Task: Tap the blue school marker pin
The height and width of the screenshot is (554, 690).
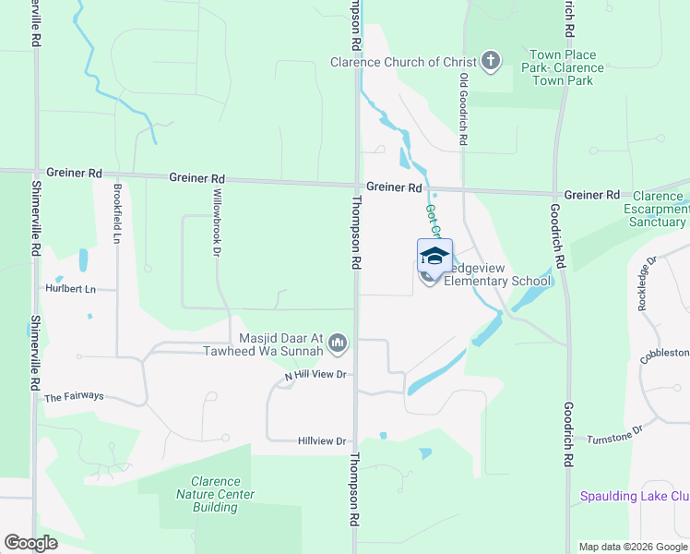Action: point(434,255)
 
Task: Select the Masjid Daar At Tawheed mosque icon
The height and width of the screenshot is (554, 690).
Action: point(338,343)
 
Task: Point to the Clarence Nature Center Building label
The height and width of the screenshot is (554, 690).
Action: point(215,494)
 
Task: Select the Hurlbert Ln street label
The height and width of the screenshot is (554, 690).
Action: point(71,289)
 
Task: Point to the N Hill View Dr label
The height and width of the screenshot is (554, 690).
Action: point(315,375)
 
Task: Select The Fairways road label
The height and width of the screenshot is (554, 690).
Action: point(74,397)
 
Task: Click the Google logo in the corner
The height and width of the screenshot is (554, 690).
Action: point(30,543)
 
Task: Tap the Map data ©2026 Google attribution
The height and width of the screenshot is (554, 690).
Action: point(632,547)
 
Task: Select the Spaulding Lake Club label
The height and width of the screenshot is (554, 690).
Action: point(634,497)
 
